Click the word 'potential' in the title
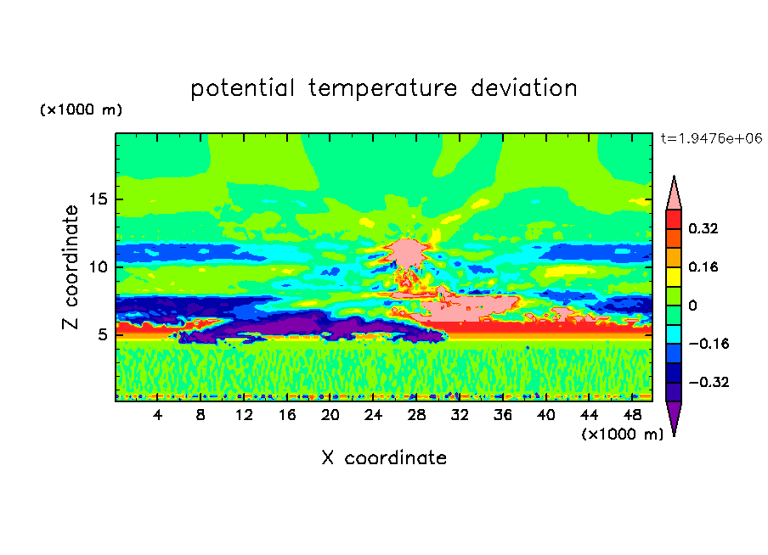point(242,88)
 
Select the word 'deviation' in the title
point(523,88)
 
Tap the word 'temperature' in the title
point(382,89)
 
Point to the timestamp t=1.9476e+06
point(711,138)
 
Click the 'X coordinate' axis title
point(384,457)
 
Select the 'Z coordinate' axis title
point(71,267)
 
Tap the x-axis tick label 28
point(416,415)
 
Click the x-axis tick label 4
point(157,415)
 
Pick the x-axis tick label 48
point(632,415)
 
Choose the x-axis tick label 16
point(287,415)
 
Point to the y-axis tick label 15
point(98,199)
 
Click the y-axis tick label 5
point(102,334)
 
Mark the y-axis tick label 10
point(98,267)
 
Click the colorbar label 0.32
point(703,228)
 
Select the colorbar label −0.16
point(709,344)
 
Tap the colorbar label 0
point(692,306)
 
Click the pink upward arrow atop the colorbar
point(674,193)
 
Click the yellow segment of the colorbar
point(674,277)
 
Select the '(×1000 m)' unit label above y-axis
point(82,109)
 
